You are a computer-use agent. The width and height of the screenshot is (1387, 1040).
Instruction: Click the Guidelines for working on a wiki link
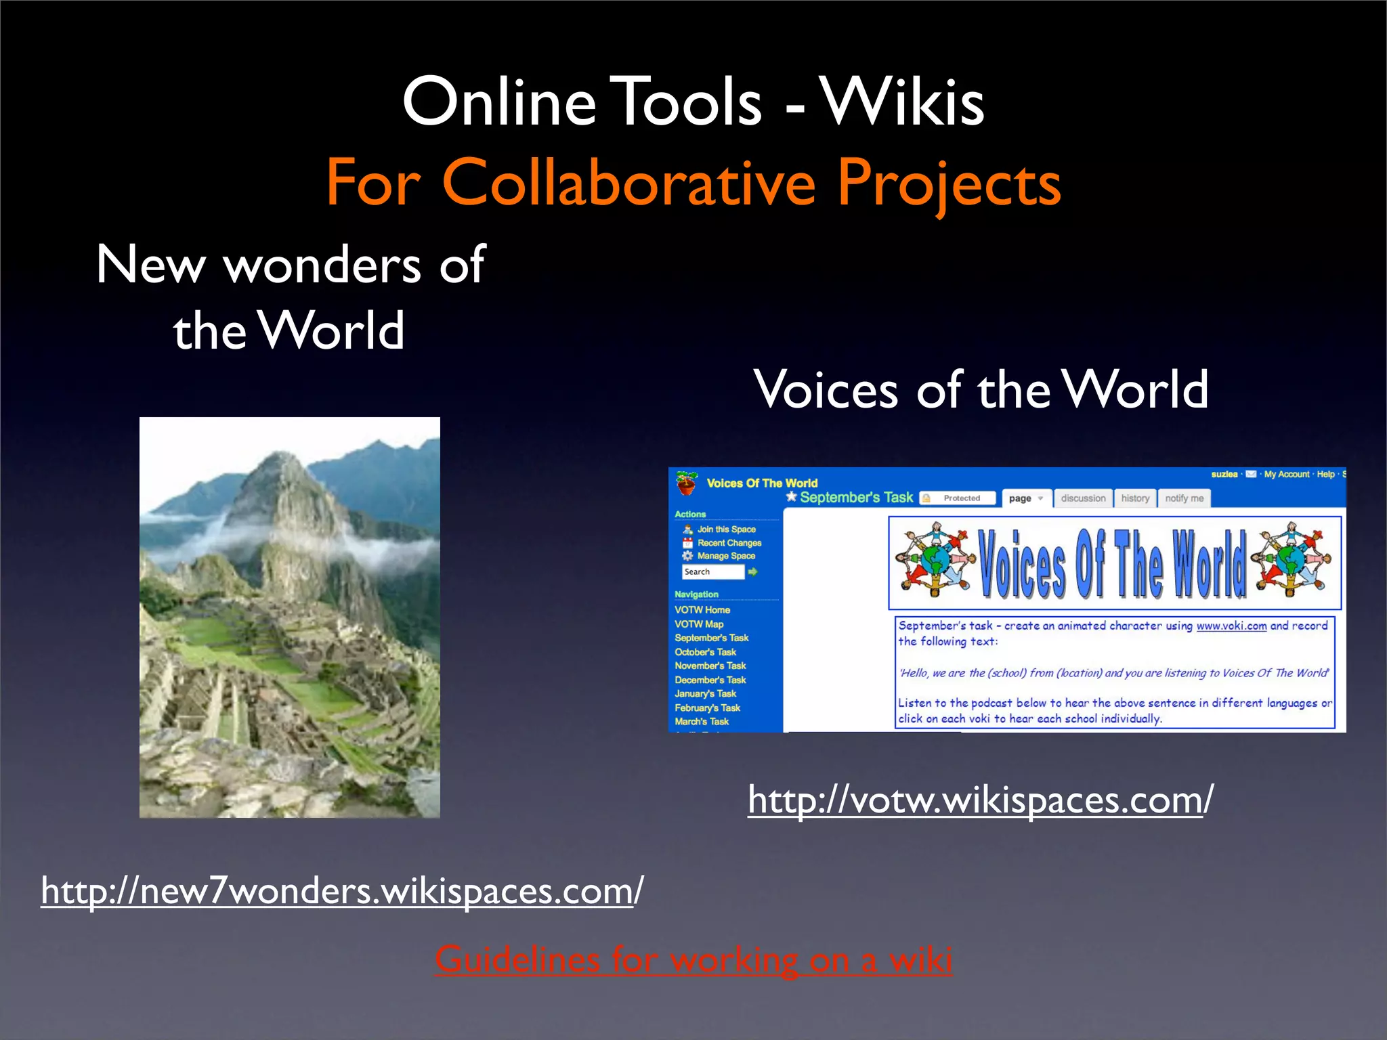693,959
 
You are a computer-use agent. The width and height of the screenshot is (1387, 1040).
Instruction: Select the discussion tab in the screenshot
1083,498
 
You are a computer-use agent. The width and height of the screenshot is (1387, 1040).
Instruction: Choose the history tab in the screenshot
1135,498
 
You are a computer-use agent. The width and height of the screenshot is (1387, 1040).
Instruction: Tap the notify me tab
1184,498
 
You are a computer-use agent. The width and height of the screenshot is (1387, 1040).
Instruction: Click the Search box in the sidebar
712,572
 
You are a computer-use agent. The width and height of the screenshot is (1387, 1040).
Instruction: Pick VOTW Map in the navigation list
699,624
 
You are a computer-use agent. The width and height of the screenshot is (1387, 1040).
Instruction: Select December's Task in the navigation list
710,680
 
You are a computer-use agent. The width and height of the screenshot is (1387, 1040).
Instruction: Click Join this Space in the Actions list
726,529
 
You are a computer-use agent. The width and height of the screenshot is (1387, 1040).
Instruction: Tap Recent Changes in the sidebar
729,543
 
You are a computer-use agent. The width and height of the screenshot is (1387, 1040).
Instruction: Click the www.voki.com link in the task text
1231,626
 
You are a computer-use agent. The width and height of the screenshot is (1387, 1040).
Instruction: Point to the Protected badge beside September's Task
958,498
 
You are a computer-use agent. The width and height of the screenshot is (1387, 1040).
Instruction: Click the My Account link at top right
1287,474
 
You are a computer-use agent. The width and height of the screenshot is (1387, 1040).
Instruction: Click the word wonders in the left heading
322,265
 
